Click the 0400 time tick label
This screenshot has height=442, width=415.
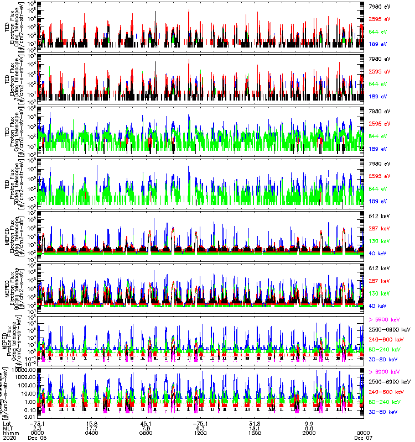tap(92, 432)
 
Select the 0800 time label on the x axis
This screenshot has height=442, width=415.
tap(147, 432)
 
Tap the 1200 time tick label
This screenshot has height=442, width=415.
tap(200, 432)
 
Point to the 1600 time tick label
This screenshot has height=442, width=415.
tap(255, 432)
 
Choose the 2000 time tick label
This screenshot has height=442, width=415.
tap(309, 432)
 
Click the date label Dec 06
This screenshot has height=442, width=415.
tap(38, 437)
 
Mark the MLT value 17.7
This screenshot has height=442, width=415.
tap(92, 427)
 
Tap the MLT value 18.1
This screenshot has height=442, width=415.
tap(255, 427)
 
